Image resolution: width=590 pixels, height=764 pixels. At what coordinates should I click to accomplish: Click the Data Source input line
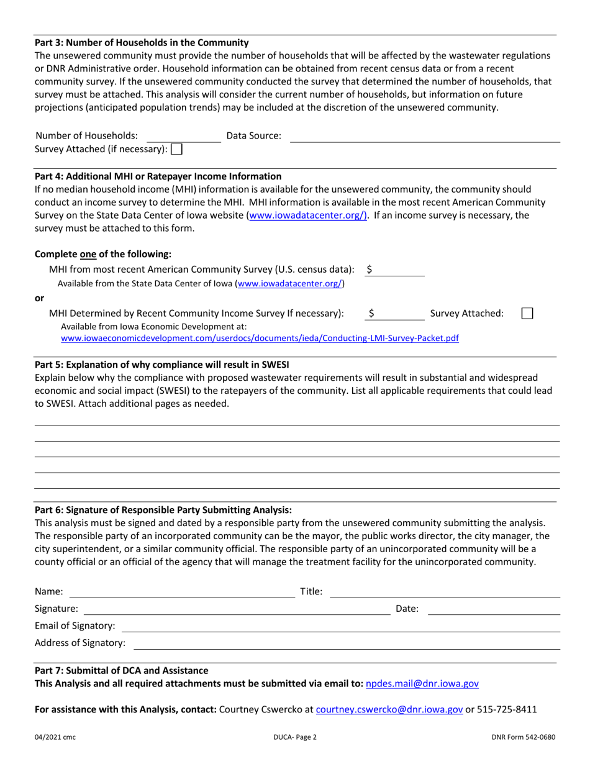tap(425, 136)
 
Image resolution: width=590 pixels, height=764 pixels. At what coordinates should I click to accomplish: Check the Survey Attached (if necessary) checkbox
tap(176, 149)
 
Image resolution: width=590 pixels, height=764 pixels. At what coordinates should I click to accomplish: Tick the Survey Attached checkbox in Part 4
tap(527, 314)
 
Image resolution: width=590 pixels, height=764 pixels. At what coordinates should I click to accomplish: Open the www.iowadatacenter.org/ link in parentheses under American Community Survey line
tap(289, 284)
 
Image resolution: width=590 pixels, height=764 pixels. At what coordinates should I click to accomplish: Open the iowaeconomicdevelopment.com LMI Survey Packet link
tap(260, 339)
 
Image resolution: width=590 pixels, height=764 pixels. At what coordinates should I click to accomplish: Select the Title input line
tap(445, 592)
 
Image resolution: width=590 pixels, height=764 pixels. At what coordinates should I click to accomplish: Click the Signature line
tap(236, 609)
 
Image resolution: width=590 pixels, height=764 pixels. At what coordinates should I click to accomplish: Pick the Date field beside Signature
tap(494, 609)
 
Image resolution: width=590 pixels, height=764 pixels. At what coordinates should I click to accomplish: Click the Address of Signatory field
tap(347, 643)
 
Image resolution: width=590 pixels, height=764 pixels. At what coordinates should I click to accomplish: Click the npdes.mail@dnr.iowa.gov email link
tap(422, 684)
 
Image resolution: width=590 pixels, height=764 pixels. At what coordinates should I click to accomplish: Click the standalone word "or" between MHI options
tap(39, 298)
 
